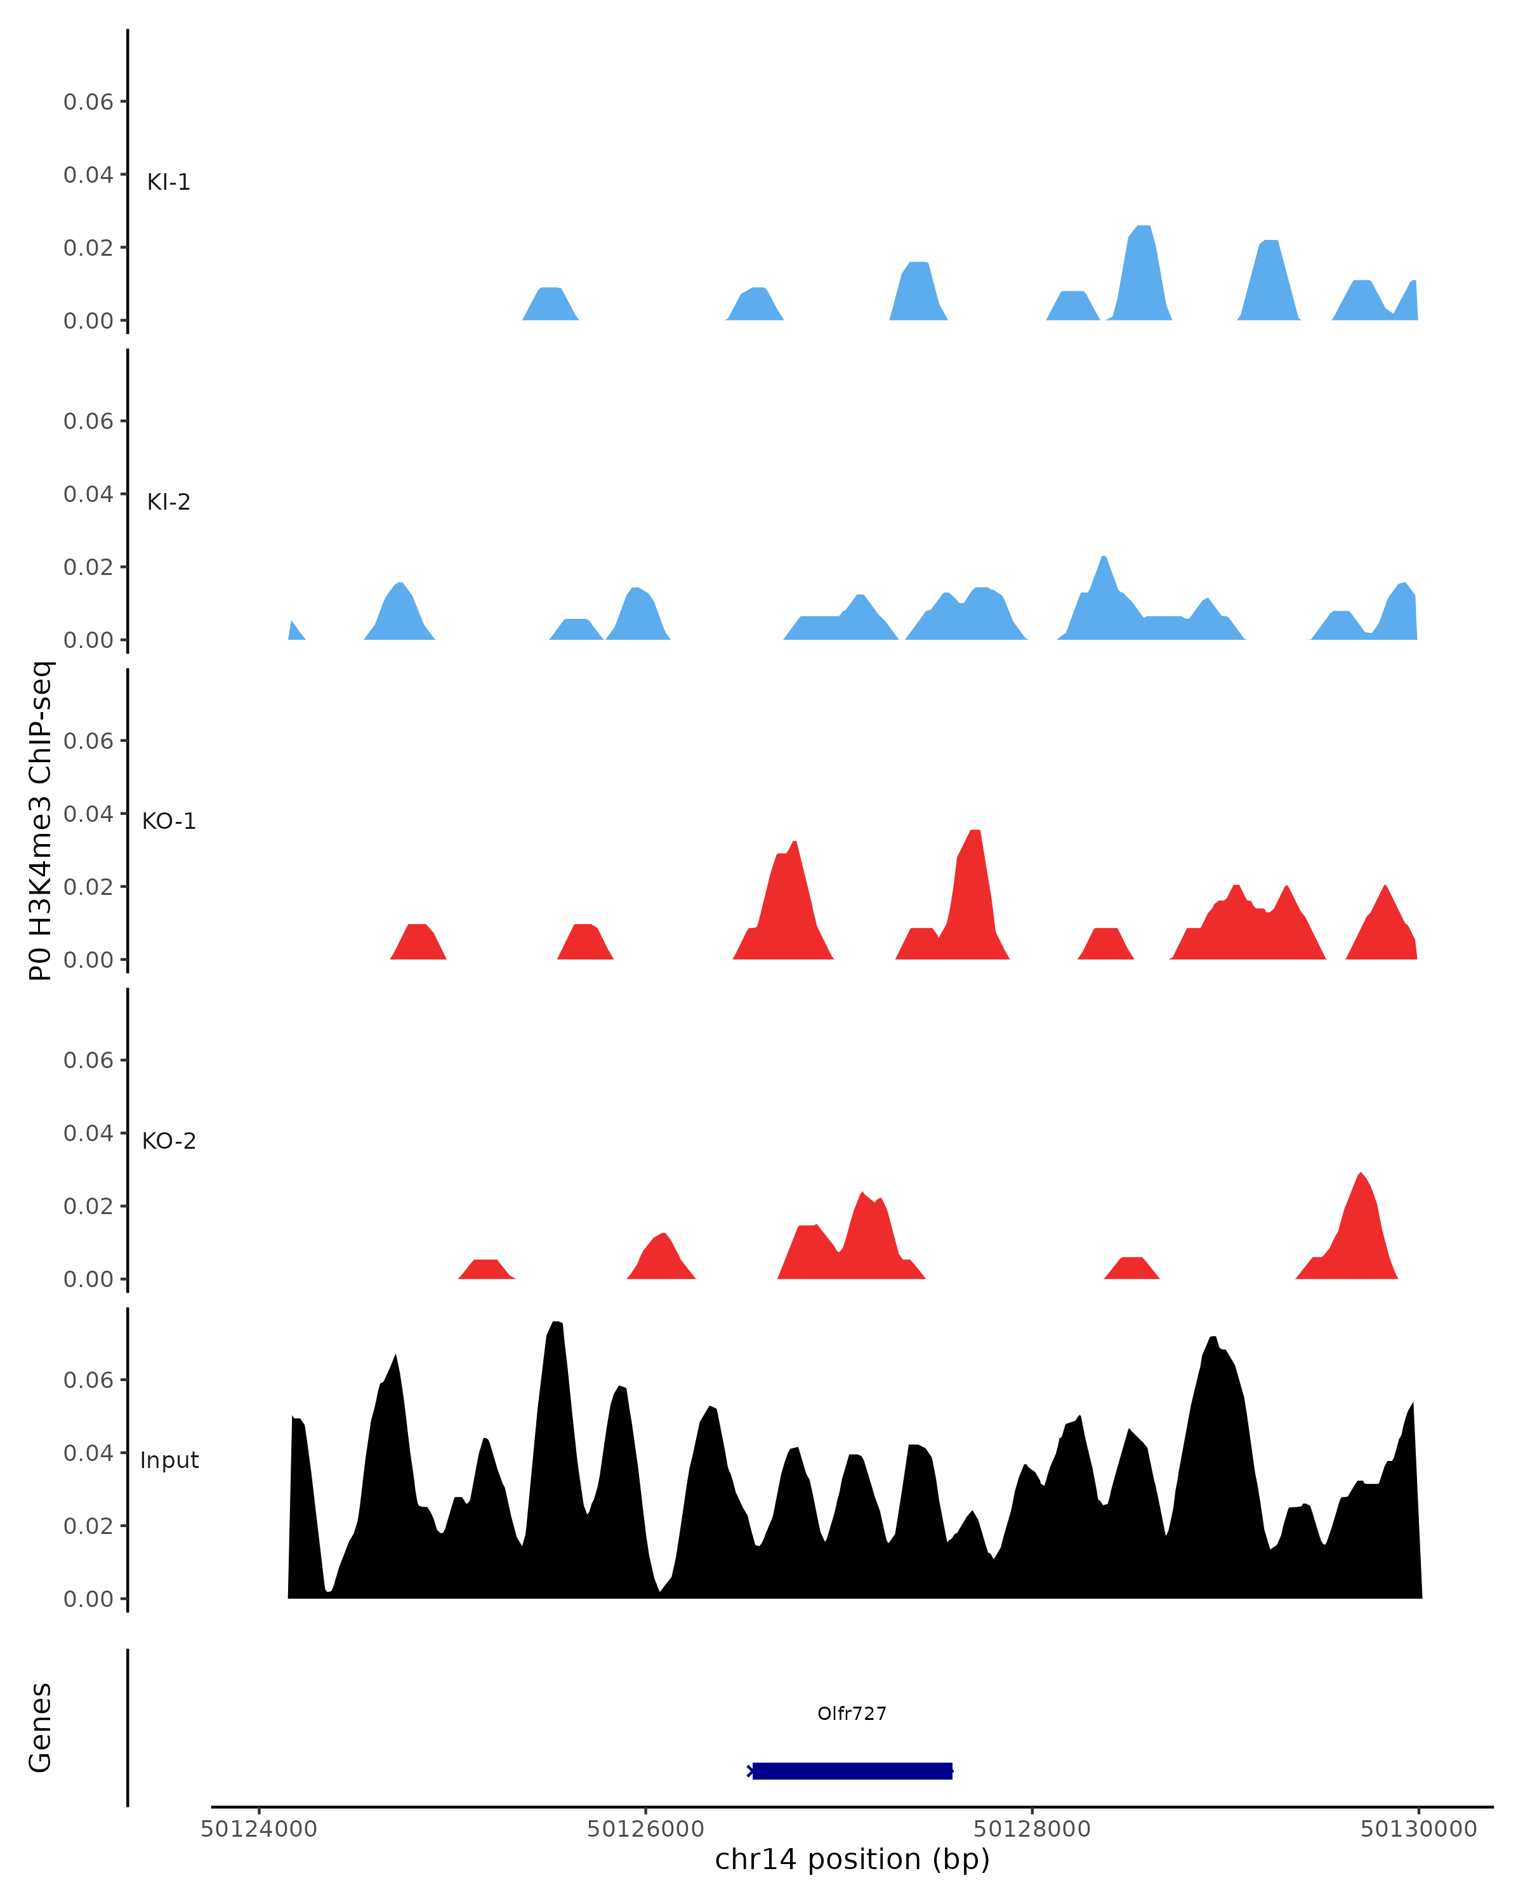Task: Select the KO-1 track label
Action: tap(169, 821)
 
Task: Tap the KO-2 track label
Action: tap(169, 1141)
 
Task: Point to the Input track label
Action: tap(169, 1460)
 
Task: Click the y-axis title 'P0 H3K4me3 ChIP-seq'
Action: tap(40, 821)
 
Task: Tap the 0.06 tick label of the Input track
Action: tap(88, 1379)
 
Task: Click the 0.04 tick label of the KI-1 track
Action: tap(88, 175)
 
